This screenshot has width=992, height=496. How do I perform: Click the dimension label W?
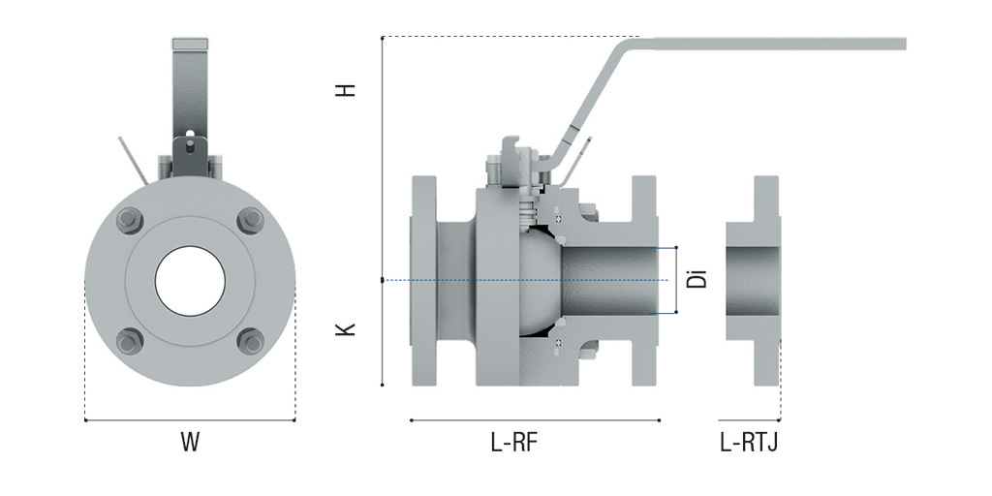point(190,443)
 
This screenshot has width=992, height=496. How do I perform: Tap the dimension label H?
point(346,89)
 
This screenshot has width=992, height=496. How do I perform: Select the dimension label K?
point(346,329)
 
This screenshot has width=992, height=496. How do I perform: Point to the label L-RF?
point(513,444)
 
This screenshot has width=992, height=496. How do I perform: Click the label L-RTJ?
point(749,444)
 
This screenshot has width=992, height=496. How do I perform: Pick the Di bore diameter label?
point(697,280)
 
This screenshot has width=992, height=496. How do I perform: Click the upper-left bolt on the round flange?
point(130,220)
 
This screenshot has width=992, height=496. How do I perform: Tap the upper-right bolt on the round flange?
point(251,220)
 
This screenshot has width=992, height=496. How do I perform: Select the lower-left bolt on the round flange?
point(130,341)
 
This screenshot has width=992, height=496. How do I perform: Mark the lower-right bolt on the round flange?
point(251,341)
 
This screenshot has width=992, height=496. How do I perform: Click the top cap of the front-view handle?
point(190,45)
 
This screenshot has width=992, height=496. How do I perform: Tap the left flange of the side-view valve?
point(424,281)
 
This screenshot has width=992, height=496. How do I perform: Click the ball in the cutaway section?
point(538,281)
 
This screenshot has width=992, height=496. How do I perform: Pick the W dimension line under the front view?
point(190,420)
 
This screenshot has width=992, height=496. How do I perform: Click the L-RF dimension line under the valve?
point(535,420)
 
